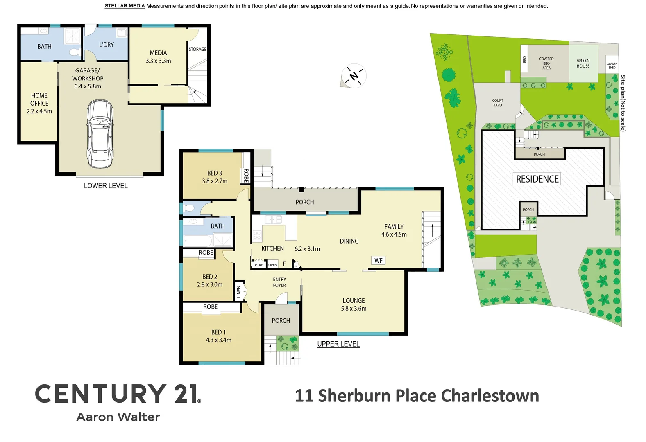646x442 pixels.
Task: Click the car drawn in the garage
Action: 100,134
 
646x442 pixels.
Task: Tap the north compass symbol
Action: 354,75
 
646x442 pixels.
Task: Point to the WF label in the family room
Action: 379,261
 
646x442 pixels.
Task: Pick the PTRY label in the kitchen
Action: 259,265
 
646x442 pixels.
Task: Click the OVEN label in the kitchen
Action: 273,265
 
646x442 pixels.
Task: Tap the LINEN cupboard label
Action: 239,291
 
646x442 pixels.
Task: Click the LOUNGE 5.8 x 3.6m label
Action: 354,304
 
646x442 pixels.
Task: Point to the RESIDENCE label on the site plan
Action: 537,179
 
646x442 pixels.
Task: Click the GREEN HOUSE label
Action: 583,63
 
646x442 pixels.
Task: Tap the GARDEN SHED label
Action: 612,65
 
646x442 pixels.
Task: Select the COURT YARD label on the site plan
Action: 497,103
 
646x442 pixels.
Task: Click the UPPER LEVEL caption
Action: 338,344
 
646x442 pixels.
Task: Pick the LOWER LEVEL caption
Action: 106,186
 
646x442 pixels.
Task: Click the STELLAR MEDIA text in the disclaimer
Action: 125,6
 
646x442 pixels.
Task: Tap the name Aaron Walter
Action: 118,417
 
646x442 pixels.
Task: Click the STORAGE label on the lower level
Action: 197,49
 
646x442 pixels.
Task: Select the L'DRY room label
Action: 107,45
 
